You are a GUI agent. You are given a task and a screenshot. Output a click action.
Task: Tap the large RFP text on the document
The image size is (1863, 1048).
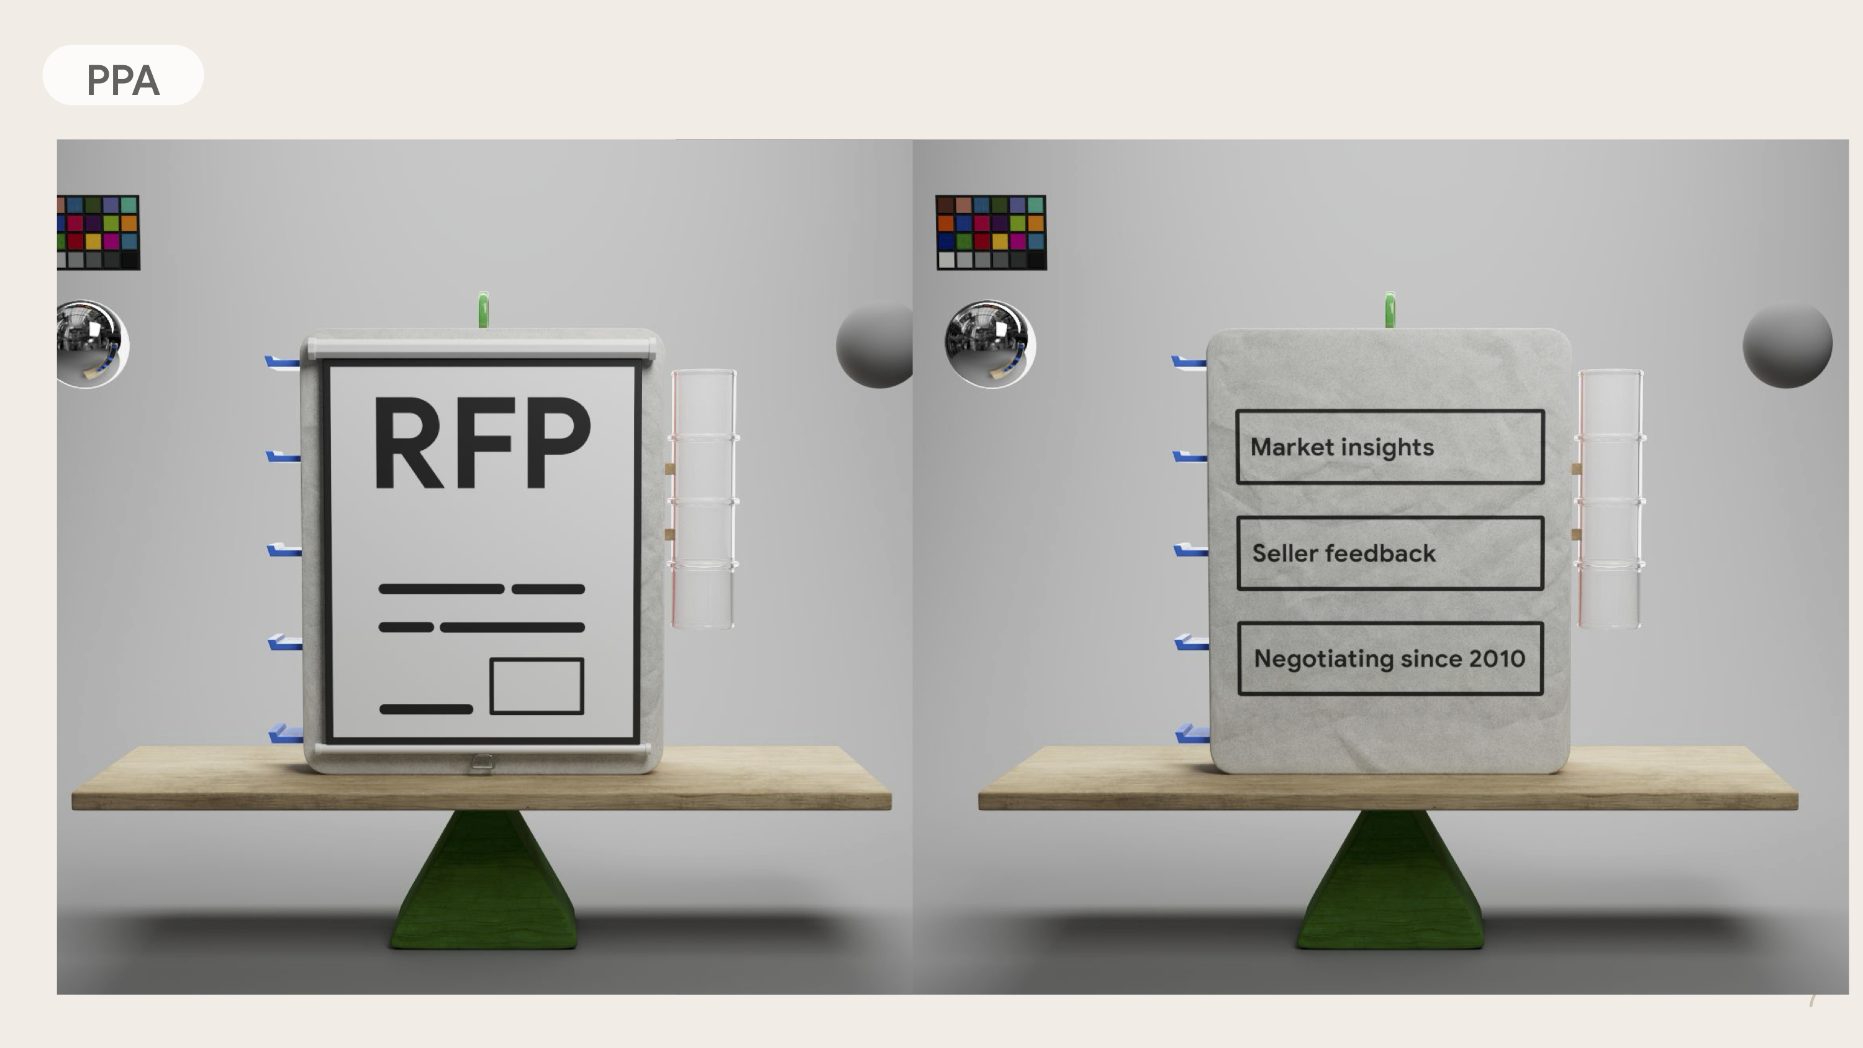pos(482,443)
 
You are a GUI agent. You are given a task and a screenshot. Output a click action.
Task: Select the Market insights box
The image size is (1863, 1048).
pos(1389,447)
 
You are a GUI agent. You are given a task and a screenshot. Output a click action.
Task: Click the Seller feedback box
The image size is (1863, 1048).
pos(1389,554)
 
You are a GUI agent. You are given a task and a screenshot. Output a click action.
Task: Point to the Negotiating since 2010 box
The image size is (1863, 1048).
pos(1389,658)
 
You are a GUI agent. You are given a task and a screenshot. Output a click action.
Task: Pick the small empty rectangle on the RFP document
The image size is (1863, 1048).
pos(537,686)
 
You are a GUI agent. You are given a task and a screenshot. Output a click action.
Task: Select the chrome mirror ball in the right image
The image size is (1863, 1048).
pos(989,344)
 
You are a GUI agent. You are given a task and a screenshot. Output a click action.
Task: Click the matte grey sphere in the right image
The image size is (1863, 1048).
pos(1787,345)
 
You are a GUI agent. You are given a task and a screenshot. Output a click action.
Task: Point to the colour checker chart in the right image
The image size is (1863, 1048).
pos(990,232)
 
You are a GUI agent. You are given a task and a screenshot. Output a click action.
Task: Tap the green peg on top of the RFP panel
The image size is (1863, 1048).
pos(483,309)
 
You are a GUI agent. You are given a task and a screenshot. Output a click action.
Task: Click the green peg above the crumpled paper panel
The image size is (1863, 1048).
pos(1389,309)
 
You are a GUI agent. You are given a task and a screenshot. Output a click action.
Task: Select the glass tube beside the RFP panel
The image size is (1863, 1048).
pos(703,499)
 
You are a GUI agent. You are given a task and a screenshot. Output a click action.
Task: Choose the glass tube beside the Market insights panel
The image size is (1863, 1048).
pos(1610,499)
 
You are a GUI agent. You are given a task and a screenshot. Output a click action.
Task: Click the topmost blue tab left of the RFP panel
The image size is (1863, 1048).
pos(282,362)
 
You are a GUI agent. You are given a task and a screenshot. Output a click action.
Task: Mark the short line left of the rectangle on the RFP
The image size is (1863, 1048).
pos(426,709)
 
